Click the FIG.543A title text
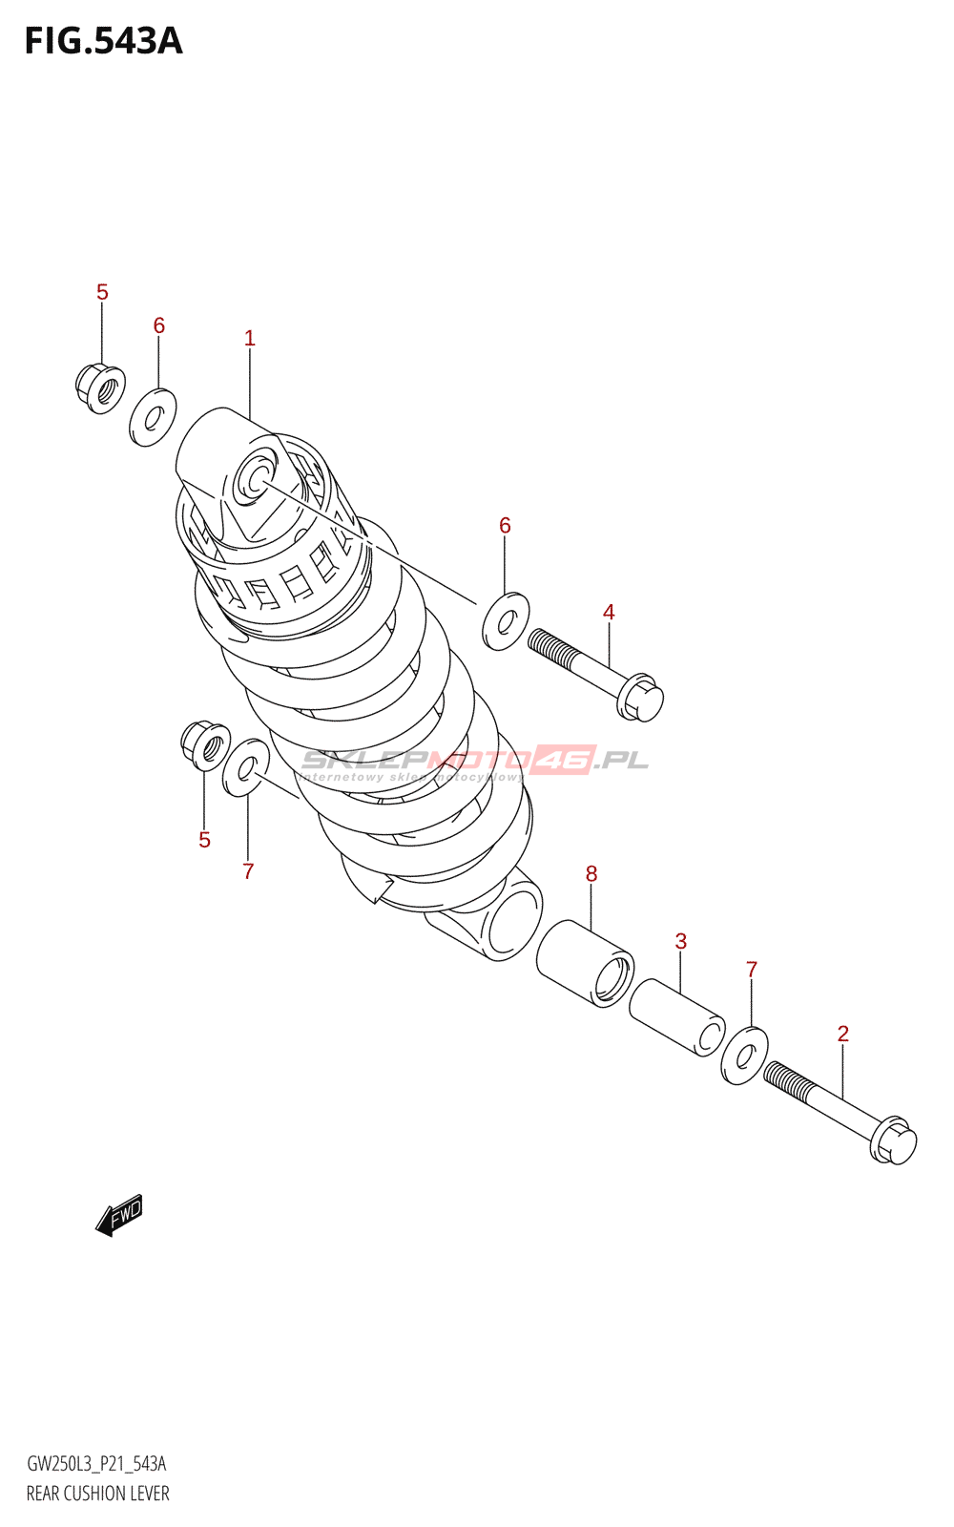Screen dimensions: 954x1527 point(103,41)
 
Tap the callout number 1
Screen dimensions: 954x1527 point(249,338)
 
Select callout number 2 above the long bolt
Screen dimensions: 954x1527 point(842,1034)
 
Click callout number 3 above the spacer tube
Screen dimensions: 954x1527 point(680,941)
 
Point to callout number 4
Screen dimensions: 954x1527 point(609,612)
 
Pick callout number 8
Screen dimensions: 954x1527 point(591,873)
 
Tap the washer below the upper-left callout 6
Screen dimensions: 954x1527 point(153,417)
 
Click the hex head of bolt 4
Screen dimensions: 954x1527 point(640,698)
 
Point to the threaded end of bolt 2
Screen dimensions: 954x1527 point(788,1078)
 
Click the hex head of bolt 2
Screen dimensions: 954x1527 point(894,1140)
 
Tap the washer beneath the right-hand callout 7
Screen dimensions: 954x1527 point(745,1056)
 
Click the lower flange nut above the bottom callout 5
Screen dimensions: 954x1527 point(205,745)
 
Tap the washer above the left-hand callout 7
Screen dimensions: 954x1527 point(246,766)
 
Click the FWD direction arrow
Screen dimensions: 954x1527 point(119,1215)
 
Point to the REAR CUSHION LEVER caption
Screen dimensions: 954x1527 point(97,1494)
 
